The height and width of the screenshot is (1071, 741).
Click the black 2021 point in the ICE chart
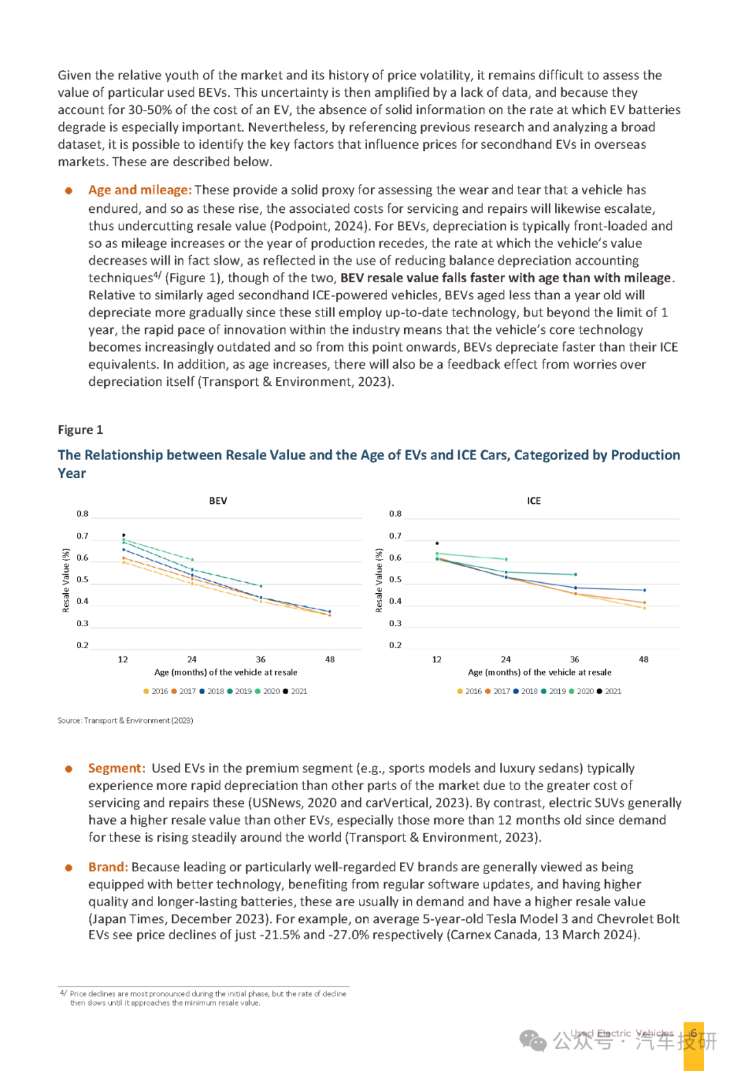[436, 543]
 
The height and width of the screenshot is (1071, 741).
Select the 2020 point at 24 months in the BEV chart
[192, 560]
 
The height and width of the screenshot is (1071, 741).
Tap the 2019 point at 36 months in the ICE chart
[575, 574]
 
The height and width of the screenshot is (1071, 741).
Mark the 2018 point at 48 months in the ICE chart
[644, 590]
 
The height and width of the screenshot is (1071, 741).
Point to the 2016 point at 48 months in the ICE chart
[644, 608]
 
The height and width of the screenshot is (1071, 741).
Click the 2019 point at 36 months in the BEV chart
[261, 586]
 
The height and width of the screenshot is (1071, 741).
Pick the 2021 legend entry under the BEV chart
[295, 691]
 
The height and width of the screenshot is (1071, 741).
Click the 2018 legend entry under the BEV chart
[211, 691]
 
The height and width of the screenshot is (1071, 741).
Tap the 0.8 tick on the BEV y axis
[82, 514]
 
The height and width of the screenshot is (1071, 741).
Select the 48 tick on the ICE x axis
[644, 659]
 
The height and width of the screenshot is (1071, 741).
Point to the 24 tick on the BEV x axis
[191, 659]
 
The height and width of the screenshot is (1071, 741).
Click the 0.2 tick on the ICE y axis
[395, 645]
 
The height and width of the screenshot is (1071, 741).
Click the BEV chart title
[218, 500]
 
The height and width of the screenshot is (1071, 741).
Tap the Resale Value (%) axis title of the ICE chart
[379, 580]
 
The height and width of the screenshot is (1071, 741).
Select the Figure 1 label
[80, 429]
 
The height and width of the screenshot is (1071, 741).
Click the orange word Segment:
[117, 768]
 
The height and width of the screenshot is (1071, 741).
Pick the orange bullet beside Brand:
[69, 868]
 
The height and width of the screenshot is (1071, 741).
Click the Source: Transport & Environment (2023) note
[125, 720]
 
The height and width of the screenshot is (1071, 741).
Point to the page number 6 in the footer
[694, 1033]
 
